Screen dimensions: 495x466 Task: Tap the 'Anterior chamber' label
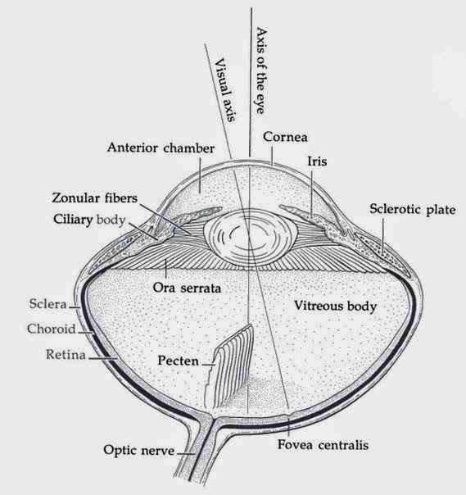pos(161,148)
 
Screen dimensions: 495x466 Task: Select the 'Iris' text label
pos(316,162)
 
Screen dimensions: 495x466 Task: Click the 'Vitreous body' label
pos(334,307)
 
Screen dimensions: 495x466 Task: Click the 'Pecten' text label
pos(179,361)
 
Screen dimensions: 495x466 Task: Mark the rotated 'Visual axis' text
pos(225,90)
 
